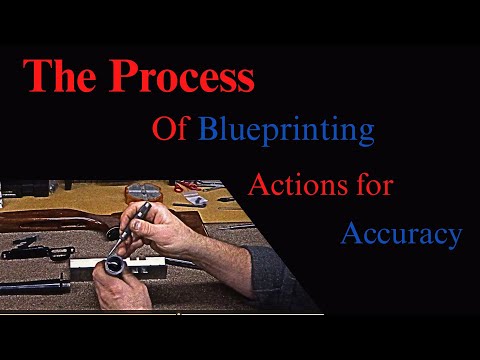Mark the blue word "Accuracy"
(401, 234)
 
